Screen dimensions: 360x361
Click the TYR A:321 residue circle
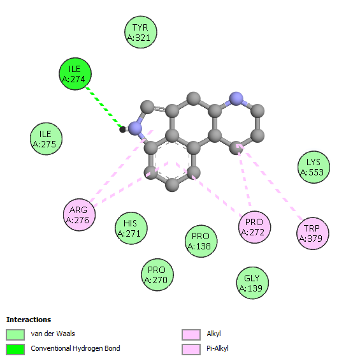[141, 33]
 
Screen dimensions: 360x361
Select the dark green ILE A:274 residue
[75, 74]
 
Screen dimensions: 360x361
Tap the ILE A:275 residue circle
[47, 139]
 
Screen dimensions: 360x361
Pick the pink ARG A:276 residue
[80, 215]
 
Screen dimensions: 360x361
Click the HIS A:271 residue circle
[131, 228]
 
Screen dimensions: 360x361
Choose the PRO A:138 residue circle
[201, 241]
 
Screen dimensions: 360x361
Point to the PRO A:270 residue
[157, 275]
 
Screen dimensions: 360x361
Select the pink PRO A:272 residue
[255, 227]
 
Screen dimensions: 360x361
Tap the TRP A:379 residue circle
[313, 233]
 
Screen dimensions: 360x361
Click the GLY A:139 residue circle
[252, 283]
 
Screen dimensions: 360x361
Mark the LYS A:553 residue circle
[313, 167]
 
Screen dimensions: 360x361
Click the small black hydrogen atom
[122, 129]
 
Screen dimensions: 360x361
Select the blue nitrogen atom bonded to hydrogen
[135, 128]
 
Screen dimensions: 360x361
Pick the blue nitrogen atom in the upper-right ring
[236, 99]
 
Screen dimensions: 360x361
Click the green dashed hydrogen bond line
[103, 107]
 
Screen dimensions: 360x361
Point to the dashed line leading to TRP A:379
[271, 182]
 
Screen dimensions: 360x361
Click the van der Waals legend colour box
[15, 334]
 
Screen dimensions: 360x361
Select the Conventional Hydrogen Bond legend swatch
[15, 350]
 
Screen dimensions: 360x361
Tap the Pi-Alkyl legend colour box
[191, 350]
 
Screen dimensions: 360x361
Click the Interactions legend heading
[29, 320]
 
